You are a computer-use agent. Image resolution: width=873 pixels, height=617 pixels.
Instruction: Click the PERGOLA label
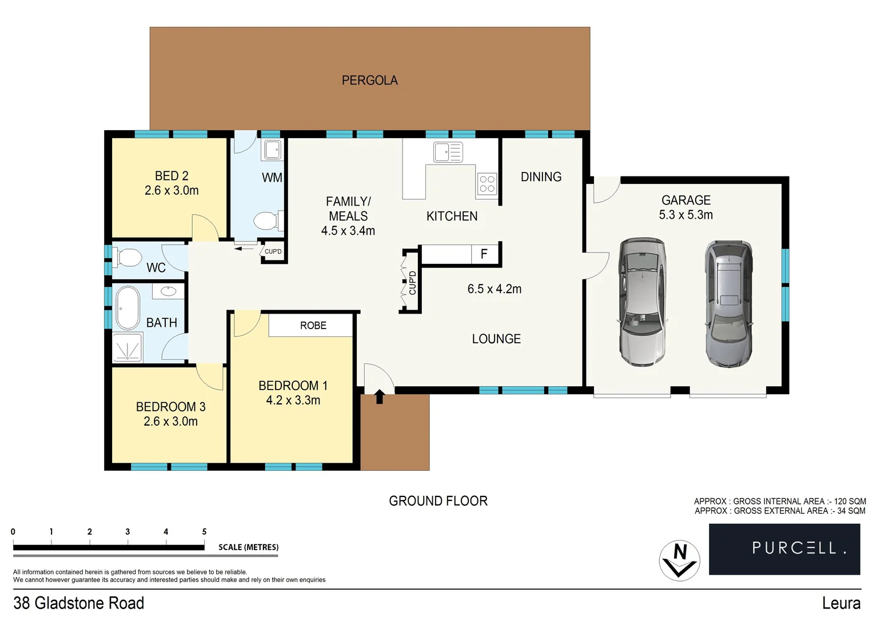[369, 81]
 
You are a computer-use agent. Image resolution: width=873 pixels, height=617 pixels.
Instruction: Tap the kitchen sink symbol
[448, 153]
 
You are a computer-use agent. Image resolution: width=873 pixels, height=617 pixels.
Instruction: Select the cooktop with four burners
[487, 184]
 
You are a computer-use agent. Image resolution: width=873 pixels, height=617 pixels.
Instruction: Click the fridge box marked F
[484, 254]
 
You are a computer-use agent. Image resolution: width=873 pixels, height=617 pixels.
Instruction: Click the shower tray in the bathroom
[127, 347]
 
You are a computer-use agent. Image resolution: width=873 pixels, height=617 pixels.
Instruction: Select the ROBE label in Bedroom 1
[313, 326]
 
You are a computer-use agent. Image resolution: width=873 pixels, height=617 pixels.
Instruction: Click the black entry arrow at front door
[379, 396]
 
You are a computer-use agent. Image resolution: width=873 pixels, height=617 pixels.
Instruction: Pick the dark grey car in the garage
[728, 303]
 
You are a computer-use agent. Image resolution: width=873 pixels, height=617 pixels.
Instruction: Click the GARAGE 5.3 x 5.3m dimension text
[685, 215]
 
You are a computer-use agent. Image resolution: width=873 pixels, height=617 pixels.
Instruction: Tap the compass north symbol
[679, 560]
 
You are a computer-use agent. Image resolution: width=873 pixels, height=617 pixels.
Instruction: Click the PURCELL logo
[784, 548]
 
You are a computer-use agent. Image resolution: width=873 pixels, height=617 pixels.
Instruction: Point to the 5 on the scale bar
[204, 532]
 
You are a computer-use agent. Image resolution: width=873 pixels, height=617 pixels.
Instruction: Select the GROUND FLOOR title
[438, 501]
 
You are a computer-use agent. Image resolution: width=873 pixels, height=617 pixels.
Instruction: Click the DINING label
[541, 177]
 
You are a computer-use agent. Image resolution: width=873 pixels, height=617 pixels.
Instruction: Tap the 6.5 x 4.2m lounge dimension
[494, 289]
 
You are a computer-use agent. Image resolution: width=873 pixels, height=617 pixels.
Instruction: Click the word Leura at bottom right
[841, 603]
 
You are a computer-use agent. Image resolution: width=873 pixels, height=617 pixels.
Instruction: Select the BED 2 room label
[171, 176]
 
